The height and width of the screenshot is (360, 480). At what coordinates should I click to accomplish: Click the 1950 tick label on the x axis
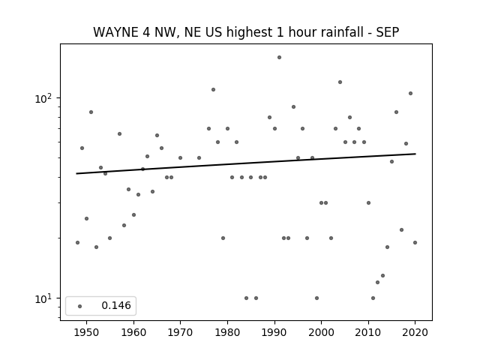click(87, 332)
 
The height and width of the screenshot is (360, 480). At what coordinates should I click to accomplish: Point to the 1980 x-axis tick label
click(227, 332)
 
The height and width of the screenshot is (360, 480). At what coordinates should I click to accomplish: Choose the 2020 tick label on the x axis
click(415, 332)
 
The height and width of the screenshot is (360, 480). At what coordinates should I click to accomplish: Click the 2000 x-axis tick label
click(322, 332)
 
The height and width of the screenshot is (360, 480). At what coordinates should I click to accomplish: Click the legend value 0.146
click(116, 305)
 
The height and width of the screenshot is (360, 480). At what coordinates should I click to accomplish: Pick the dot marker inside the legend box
click(80, 306)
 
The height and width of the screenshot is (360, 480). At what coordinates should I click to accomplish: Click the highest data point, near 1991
click(279, 57)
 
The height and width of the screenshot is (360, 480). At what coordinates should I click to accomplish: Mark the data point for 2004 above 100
click(340, 82)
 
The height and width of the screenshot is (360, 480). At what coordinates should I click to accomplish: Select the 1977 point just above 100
click(213, 90)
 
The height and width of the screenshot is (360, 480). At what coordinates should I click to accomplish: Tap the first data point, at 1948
click(77, 242)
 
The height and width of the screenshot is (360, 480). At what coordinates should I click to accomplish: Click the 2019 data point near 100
click(410, 93)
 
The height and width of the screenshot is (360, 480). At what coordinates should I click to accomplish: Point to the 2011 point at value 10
click(373, 298)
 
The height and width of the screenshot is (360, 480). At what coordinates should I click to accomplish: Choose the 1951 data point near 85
click(91, 112)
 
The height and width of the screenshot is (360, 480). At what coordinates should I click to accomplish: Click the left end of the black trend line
click(76, 173)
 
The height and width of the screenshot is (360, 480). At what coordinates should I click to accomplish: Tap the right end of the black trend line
click(415, 154)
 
